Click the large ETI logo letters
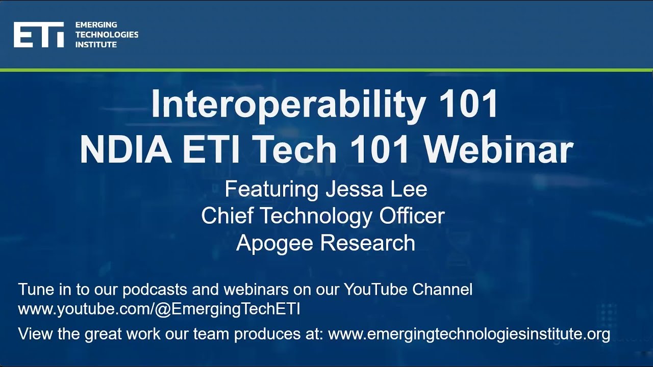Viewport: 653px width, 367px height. pyautogui.click(x=39, y=35)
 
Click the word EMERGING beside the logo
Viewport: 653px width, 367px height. pyautogui.click(x=96, y=24)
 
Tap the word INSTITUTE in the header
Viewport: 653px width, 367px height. pyautogui.click(x=96, y=45)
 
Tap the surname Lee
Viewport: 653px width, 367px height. pyautogui.click(x=410, y=189)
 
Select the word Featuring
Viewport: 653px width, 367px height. pyautogui.click(x=271, y=189)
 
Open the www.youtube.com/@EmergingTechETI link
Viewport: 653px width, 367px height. pyautogui.click(x=159, y=309)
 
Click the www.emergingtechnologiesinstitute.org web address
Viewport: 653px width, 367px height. pyautogui.click(x=469, y=334)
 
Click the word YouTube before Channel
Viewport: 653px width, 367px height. pyautogui.click(x=376, y=290)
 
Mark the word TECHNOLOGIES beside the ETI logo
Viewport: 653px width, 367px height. pyautogui.click(x=107, y=35)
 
